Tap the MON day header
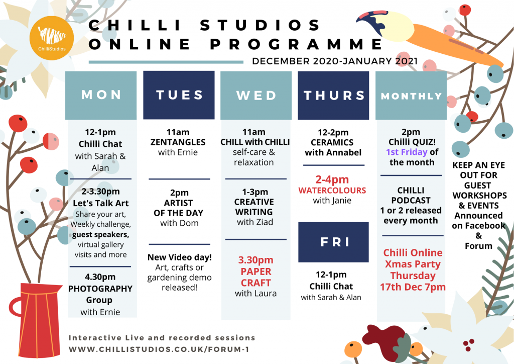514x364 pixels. (x=101, y=95)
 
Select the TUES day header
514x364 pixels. (x=179, y=95)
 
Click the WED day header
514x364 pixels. (x=256, y=95)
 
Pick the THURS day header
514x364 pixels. (x=334, y=95)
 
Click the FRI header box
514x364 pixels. (x=334, y=242)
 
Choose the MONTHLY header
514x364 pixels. (x=411, y=96)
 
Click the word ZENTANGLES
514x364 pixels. (x=178, y=142)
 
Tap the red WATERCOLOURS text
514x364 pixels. (x=332, y=191)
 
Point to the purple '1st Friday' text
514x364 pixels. (x=407, y=152)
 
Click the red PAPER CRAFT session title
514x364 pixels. (x=255, y=277)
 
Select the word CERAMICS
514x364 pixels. (x=332, y=142)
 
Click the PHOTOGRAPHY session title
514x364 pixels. (x=100, y=289)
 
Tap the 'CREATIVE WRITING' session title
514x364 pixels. (x=254, y=207)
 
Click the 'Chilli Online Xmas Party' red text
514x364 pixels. (x=413, y=258)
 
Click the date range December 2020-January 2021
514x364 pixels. (x=335, y=61)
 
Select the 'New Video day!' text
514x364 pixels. (x=179, y=257)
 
